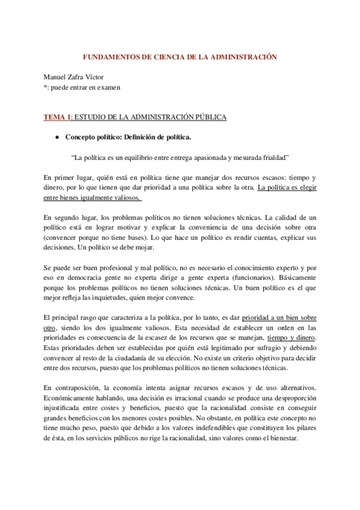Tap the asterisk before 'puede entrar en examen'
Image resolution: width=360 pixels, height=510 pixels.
46,88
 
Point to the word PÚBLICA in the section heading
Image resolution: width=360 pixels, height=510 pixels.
209,117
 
